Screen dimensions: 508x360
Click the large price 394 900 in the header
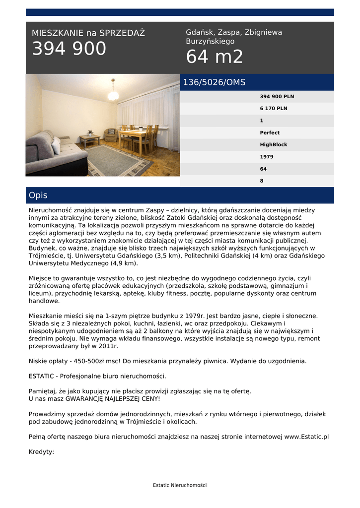point(69,49)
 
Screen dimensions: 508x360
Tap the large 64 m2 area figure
point(215,57)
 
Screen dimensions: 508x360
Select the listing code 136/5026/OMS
point(214,82)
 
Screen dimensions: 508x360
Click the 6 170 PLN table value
point(274,108)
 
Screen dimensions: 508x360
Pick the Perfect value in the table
point(270,132)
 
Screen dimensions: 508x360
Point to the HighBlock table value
point(274,145)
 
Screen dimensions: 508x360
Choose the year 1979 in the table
point(267,157)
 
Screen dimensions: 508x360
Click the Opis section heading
point(38,195)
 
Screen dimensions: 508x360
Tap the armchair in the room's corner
point(110,134)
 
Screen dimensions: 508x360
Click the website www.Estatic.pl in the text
point(306,437)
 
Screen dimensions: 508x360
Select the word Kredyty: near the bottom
point(41,452)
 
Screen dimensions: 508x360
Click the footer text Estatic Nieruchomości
point(180,485)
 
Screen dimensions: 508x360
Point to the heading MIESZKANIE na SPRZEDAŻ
point(88,33)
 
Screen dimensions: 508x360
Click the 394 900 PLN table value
point(277,96)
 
